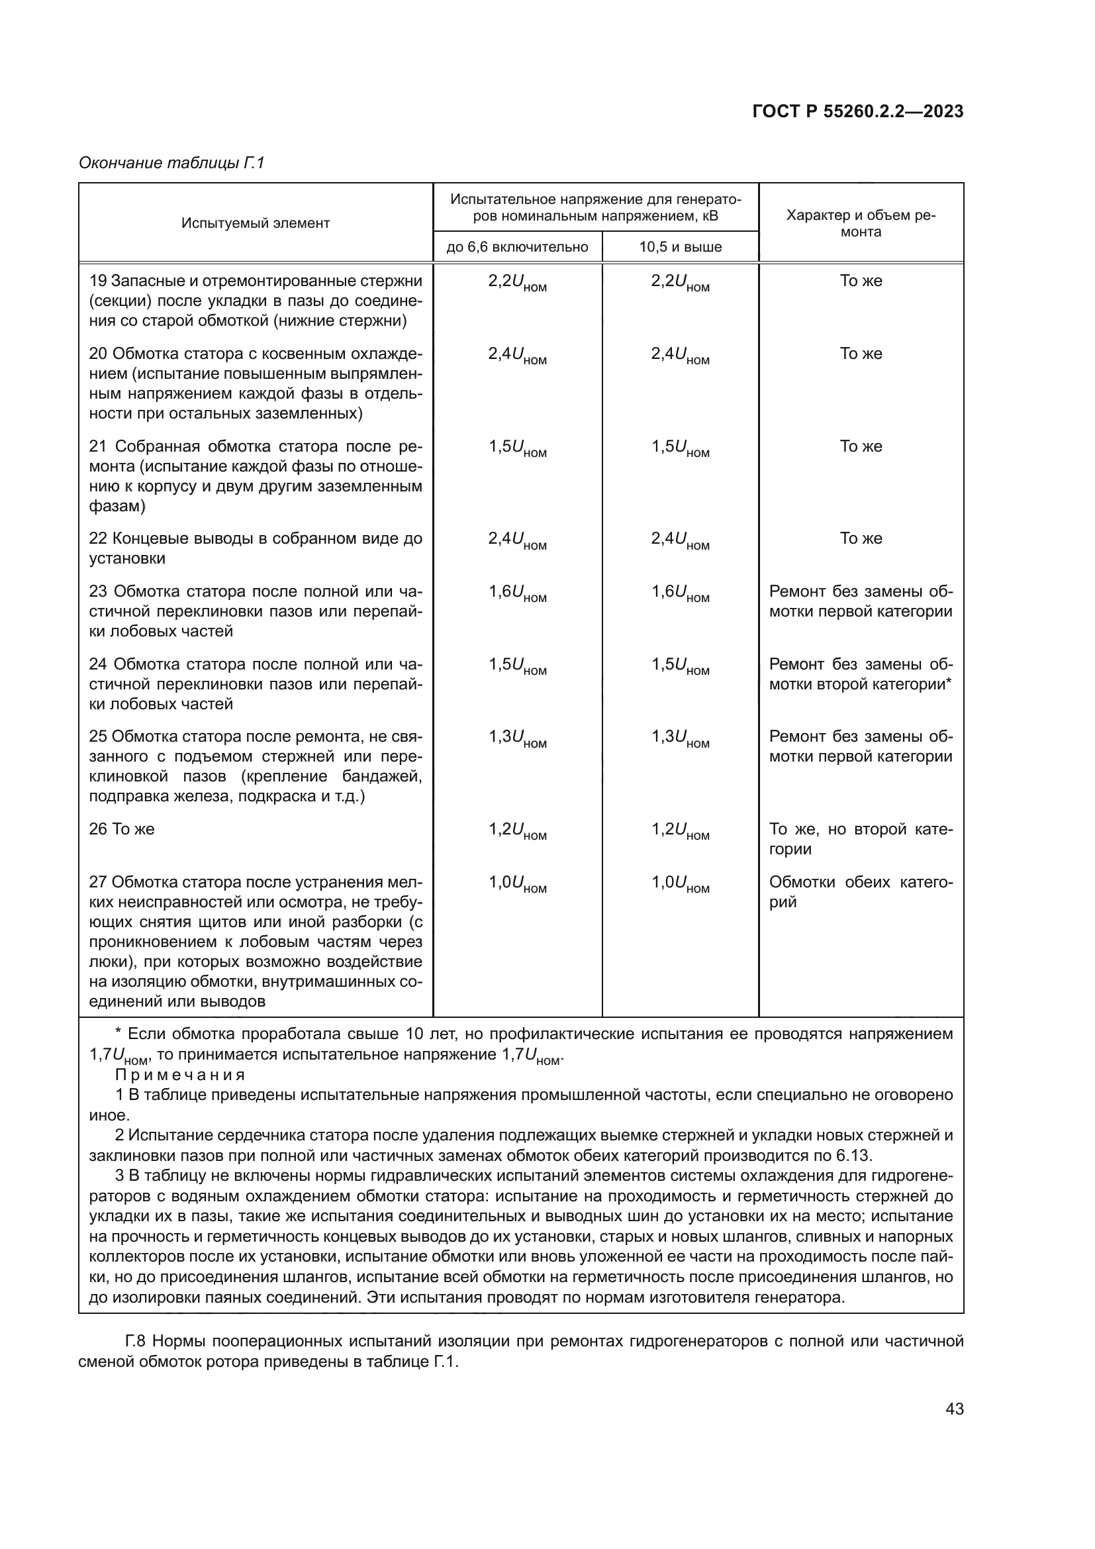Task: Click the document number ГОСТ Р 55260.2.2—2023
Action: coord(857,111)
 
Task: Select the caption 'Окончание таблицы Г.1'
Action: coord(171,163)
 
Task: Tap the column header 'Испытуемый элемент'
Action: coord(255,223)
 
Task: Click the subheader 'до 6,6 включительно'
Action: coord(517,247)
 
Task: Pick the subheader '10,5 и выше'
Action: coord(680,247)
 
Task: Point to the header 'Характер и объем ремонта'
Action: coord(861,223)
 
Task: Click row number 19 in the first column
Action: coord(98,281)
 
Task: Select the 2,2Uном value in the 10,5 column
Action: coord(680,282)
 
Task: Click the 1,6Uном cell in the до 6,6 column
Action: coord(517,593)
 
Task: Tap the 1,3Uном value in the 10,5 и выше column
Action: coord(680,738)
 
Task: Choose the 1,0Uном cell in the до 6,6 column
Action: coord(517,883)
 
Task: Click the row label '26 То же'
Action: coord(121,829)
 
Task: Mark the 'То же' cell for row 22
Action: coord(861,538)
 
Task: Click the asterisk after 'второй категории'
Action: coord(949,683)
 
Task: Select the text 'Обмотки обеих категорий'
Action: coord(860,892)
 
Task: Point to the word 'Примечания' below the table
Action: coord(180,1075)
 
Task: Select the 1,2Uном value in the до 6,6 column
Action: coord(517,830)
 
